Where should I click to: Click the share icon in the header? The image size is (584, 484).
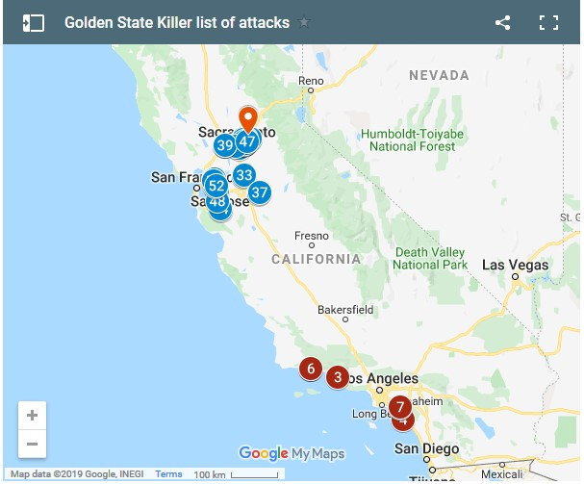click(x=502, y=22)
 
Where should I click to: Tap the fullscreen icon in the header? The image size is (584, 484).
click(x=549, y=22)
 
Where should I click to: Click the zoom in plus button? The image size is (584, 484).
click(x=33, y=416)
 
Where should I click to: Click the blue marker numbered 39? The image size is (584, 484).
click(x=225, y=145)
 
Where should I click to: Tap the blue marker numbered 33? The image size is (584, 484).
click(x=243, y=174)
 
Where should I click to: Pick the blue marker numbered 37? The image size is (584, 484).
click(x=259, y=192)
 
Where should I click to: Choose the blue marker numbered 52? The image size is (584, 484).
click(x=216, y=186)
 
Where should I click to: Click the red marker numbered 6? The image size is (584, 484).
click(x=310, y=369)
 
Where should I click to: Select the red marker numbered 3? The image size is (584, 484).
click(x=337, y=377)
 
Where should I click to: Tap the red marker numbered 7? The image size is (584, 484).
click(x=400, y=406)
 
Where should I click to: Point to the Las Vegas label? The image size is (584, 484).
click(x=515, y=265)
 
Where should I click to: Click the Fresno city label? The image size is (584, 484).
click(x=312, y=235)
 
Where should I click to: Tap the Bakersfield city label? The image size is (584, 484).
click(x=345, y=310)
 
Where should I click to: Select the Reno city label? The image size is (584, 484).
click(x=311, y=81)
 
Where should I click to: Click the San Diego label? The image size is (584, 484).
click(x=420, y=448)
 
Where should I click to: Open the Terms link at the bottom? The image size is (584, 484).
click(x=168, y=474)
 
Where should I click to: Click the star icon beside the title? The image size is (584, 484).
click(x=305, y=22)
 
